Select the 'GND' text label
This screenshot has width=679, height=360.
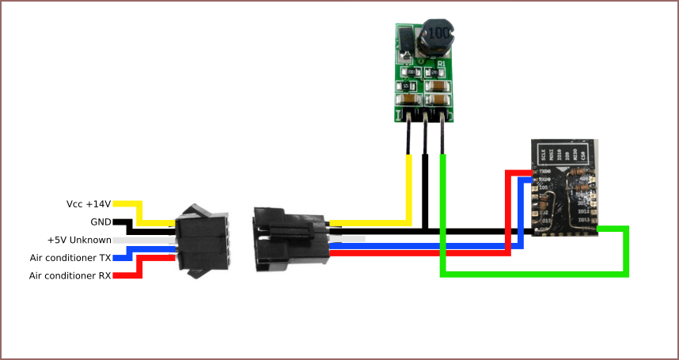click(x=100, y=222)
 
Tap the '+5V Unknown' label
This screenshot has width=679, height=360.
click(x=78, y=240)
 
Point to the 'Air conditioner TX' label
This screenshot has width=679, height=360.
click(x=70, y=257)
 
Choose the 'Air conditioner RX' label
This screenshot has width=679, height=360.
click(x=70, y=275)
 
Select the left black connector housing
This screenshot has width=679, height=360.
click(x=201, y=241)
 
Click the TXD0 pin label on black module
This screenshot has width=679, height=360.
click(x=544, y=170)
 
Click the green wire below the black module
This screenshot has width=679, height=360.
click(x=534, y=275)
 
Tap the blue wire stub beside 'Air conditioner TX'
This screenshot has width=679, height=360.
click(x=127, y=257)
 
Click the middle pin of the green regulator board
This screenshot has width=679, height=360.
click(x=426, y=135)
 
